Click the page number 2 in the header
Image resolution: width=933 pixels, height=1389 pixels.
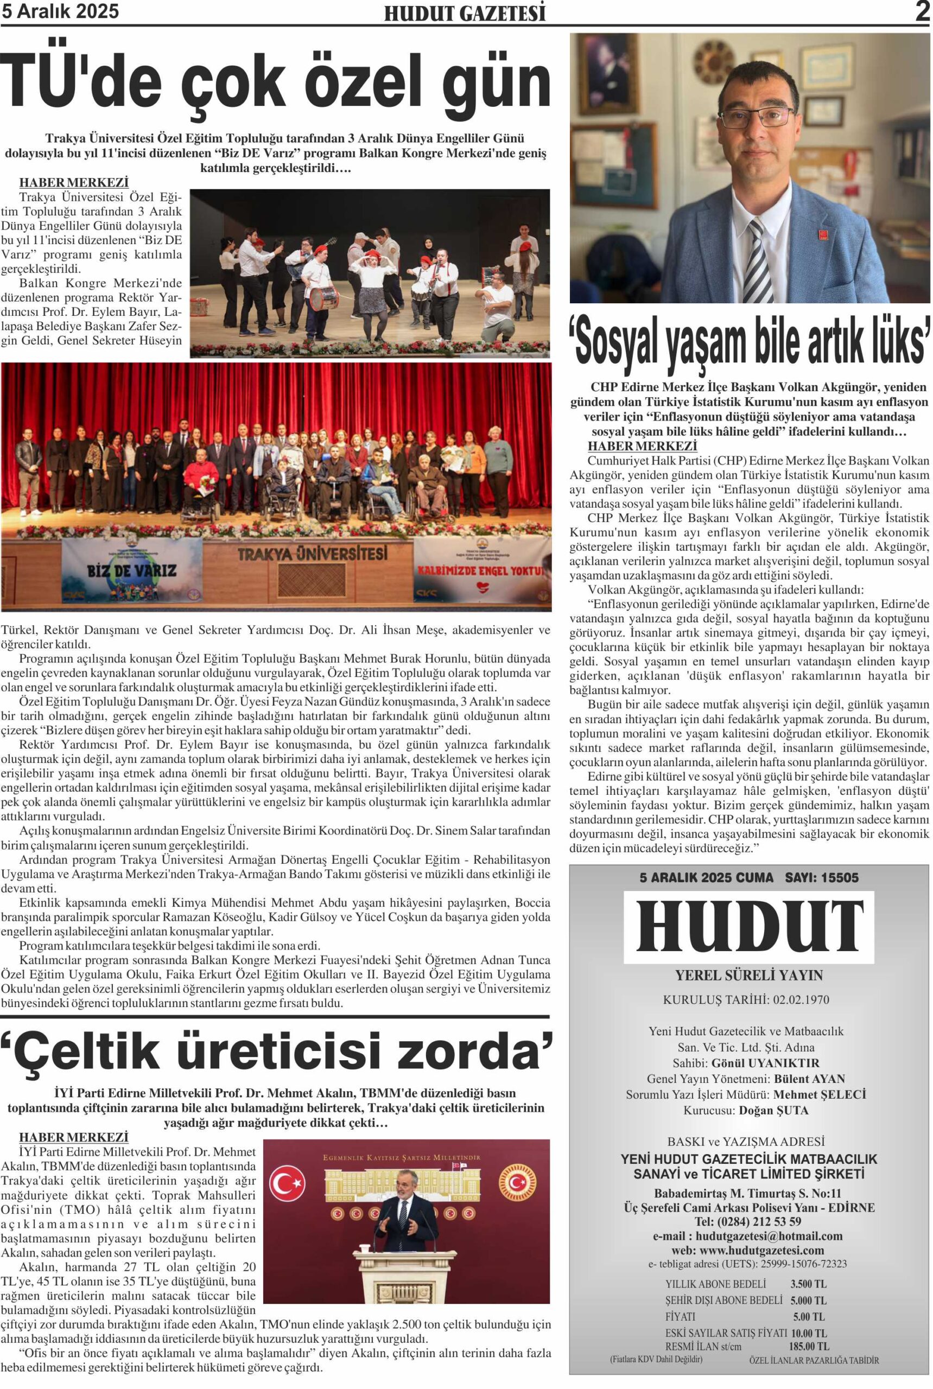click(x=922, y=12)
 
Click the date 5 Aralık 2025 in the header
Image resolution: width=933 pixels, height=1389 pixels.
click(x=60, y=11)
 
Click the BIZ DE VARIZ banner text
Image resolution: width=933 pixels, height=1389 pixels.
click(x=131, y=570)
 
